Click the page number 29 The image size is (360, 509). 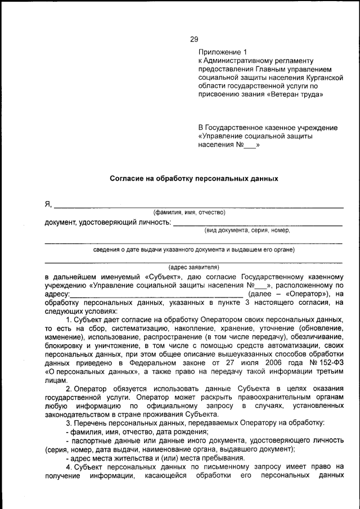(194, 39)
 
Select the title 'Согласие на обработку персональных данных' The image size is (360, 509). (193, 178)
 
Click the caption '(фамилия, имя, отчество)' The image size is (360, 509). (190, 213)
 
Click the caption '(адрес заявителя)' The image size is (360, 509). (193, 268)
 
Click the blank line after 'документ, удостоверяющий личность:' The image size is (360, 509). (257, 224)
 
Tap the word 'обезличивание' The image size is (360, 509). (316, 336)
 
